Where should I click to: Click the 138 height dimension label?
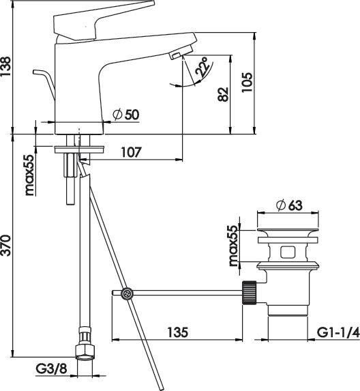click(5, 66)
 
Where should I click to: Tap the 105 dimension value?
click(247, 83)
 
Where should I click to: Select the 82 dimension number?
click(223, 94)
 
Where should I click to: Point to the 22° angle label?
click(202, 67)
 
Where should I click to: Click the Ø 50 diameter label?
click(126, 115)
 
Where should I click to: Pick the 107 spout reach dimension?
click(131, 152)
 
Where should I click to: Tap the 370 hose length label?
click(5, 246)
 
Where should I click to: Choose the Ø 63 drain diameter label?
click(290, 205)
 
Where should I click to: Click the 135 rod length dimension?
click(178, 332)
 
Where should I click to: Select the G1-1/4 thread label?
click(338, 332)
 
